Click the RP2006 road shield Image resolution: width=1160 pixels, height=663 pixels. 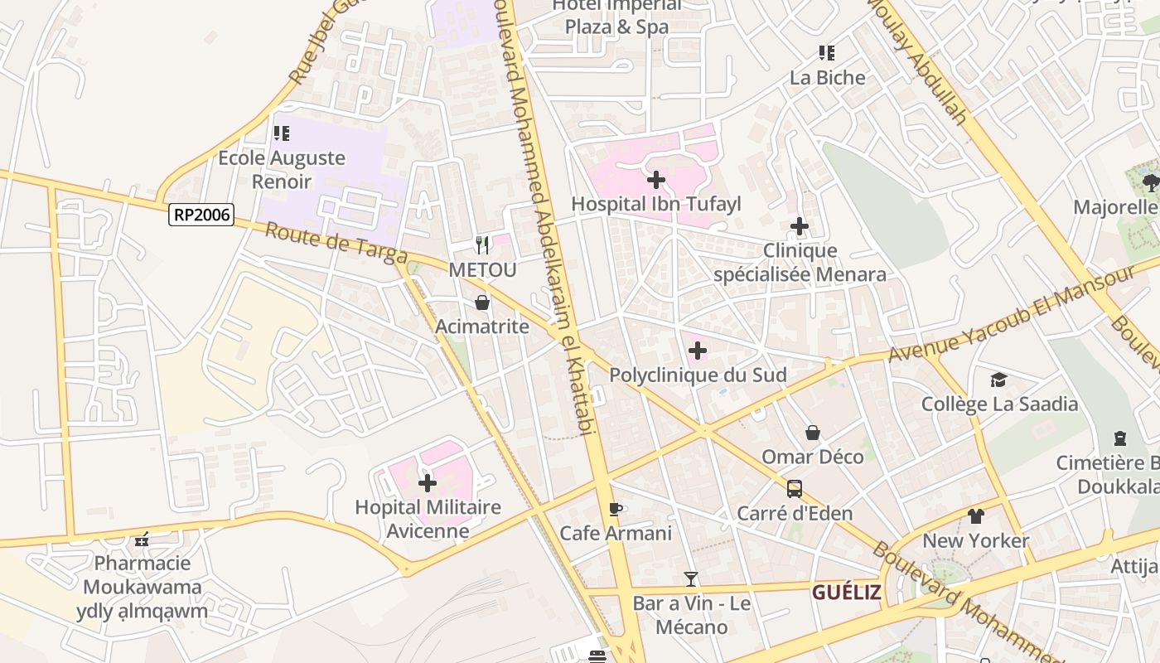[x=201, y=215]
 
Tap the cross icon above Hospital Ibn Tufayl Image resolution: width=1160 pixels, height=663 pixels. [x=656, y=179]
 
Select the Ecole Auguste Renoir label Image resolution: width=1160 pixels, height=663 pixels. [x=282, y=169]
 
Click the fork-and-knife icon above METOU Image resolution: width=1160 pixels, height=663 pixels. [x=482, y=244]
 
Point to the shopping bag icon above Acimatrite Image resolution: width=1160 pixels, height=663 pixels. [x=482, y=302]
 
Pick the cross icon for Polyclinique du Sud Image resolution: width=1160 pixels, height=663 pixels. [x=698, y=351]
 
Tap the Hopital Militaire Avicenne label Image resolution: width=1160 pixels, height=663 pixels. [x=428, y=518]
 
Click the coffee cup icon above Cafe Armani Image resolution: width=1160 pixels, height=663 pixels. [x=615, y=508]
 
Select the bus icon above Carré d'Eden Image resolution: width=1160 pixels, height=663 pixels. [x=795, y=489]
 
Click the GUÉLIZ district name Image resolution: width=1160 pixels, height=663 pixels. [x=846, y=592]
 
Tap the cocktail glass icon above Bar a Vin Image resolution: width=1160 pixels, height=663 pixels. [x=691, y=578]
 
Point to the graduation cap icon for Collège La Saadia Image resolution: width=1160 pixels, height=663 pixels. [x=999, y=380]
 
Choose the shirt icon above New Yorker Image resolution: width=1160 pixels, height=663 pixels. [x=976, y=515]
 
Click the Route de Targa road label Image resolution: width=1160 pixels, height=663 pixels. [x=336, y=244]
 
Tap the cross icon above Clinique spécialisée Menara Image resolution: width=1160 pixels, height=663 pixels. [x=800, y=225]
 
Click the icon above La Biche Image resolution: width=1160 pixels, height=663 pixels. [x=826, y=53]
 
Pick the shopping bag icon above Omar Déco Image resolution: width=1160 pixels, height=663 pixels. [x=813, y=433]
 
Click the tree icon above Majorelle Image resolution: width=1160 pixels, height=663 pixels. [x=1150, y=182]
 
